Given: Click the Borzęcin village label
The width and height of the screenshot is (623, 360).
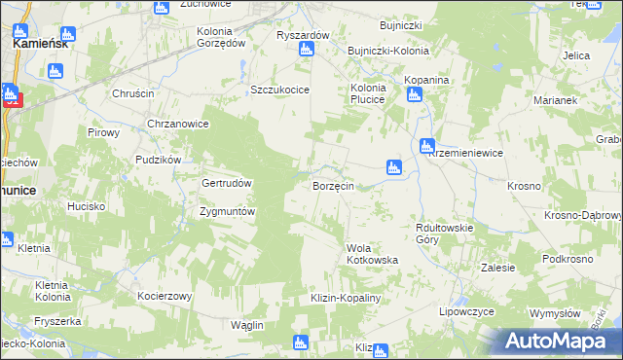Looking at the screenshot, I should (x=339, y=185).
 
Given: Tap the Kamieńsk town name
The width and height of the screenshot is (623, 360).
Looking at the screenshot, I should (x=39, y=45).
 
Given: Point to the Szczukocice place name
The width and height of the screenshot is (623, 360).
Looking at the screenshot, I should (x=279, y=90).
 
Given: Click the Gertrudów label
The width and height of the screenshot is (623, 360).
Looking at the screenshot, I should (x=227, y=183).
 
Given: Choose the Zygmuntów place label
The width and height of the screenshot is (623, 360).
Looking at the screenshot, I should (x=227, y=211).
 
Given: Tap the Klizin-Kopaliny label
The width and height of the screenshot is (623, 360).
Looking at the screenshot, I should (x=344, y=298).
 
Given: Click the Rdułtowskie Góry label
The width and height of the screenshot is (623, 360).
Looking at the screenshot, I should (x=443, y=233).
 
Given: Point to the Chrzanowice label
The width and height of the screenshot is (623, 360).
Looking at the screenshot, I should (x=178, y=124).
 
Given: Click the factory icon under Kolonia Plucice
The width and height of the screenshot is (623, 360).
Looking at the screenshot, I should (x=414, y=94).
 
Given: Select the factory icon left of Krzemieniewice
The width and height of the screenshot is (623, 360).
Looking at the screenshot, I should (x=426, y=146).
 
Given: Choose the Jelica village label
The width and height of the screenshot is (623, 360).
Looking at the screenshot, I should (x=576, y=56).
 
